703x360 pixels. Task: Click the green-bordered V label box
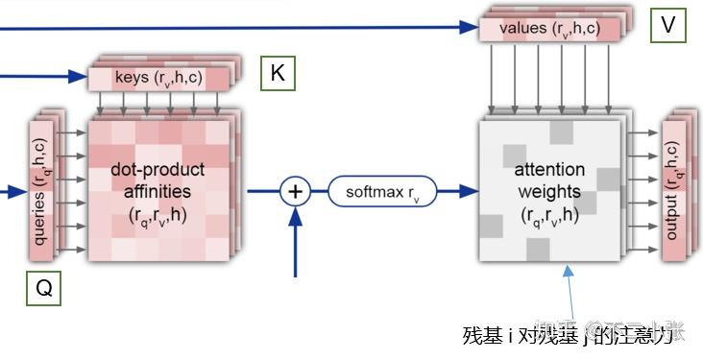pyautogui.click(x=667, y=26)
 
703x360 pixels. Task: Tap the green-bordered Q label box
pyautogui.click(x=43, y=288)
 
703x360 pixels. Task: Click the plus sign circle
pyautogui.click(x=295, y=192)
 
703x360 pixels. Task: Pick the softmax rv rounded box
pyautogui.click(x=382, y=192)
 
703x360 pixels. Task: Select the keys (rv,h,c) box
pyautogui.click(x=158, y=78)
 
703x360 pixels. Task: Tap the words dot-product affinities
pyautogui.click(x=158, y=180)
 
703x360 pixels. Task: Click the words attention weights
pyautogui.click(x=549, y=180)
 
